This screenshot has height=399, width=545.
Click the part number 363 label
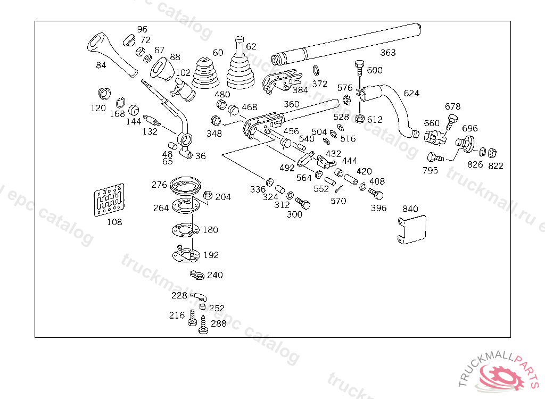click(388, 53)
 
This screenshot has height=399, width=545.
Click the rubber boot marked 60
click(205, 73)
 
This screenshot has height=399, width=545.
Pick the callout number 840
click(410, 209)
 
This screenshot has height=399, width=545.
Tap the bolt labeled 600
click(359, 68)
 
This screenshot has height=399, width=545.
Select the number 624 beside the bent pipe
click(411, 93)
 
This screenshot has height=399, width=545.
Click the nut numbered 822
click(493, 152)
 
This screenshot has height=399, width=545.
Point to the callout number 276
click(159, 185)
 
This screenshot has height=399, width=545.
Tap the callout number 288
click(218, 323)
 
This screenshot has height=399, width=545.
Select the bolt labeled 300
click(303, 204)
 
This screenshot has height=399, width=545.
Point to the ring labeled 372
click(316, 70)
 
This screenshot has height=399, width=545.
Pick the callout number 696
click(469, 128)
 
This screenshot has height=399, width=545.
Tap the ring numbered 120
click(105, 93)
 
